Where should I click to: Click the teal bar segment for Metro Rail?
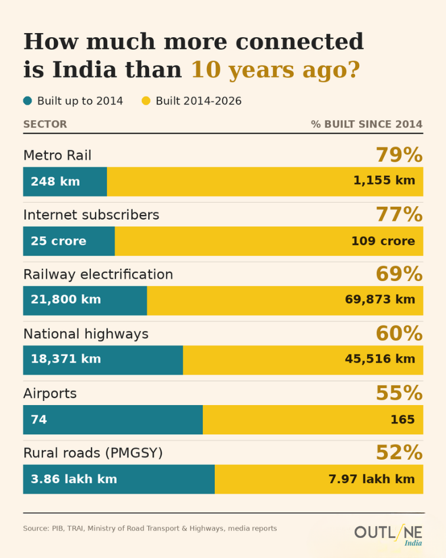point(65,181)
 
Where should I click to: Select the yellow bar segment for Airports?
point(313,420)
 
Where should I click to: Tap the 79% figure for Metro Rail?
point(399,155)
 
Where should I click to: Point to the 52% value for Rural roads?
point(399,453)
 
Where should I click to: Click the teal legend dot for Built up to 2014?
point(27,101)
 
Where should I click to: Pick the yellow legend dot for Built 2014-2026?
point(146,101)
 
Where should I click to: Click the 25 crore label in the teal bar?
point(58,241)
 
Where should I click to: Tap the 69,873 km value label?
point(380,299)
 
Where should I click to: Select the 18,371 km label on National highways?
point(66,359)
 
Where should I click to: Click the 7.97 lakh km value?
point(372,479)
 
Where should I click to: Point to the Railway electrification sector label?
point(98,275)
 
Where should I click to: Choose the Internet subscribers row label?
point(91,215)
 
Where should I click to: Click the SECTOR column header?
point(45,124)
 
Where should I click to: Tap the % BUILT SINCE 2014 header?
point(367,124)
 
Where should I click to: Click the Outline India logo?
point(388,535)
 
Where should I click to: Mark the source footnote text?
point(150,528)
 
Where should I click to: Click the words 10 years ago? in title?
point(276,70)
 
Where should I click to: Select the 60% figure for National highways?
point(399,334)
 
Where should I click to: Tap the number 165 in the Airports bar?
point(402,420)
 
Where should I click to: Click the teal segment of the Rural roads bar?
point(119,479)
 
